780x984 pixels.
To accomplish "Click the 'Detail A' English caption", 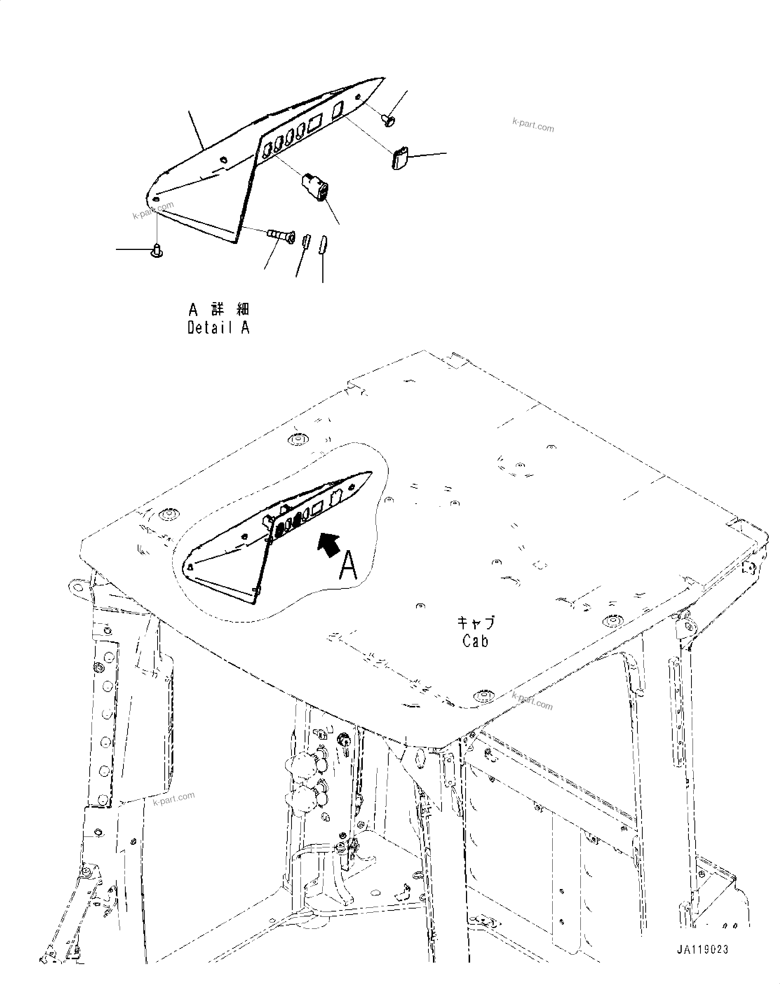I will tap(218, 328).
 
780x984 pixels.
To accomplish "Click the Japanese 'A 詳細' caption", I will tap(218, 310).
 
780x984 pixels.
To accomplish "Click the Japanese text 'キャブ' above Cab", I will tap(476, 623).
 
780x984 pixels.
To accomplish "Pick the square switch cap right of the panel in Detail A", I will tap(399, 158).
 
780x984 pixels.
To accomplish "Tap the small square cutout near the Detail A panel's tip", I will tap(338, 110).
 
